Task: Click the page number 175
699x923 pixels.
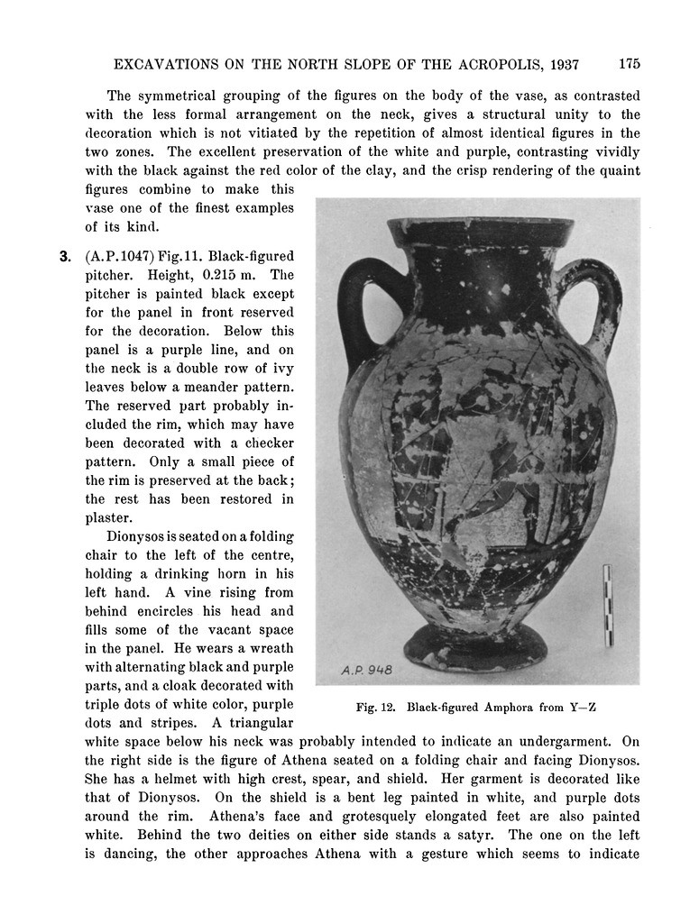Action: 630,64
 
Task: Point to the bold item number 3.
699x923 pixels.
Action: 65,256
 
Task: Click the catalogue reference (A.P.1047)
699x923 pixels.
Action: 120,256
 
